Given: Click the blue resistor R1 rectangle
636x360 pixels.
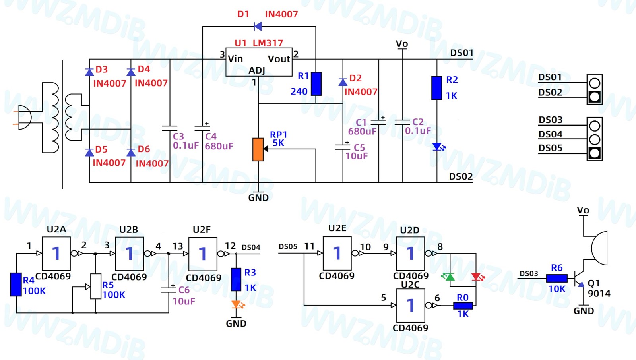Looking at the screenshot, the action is coord(316,84).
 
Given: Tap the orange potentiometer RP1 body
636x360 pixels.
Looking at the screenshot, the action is coord(258,150).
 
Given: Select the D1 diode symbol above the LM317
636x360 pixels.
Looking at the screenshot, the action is coord(258,26).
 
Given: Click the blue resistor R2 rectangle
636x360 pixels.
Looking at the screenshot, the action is coord(437,88).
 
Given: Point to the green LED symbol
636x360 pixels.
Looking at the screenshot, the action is coord(449,277).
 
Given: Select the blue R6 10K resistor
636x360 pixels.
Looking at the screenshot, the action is coord(557,278).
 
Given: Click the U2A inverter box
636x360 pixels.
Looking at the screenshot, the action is coord(56,254).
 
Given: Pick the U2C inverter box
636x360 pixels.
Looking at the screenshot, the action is coord(411,306).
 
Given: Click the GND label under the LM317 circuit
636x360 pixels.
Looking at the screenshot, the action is coord(258,197).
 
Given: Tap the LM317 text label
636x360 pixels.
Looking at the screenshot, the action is coord(268,43).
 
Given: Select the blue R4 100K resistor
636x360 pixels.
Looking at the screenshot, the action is coord(16,285).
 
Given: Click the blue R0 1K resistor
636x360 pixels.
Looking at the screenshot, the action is coord(463,306).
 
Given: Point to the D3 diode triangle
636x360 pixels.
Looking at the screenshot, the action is coord(89,72).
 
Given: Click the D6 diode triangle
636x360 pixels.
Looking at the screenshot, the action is coord(131,153).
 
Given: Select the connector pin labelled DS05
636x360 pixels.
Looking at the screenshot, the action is coord(595,153).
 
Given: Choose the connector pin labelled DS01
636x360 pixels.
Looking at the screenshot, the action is coord(595,83).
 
